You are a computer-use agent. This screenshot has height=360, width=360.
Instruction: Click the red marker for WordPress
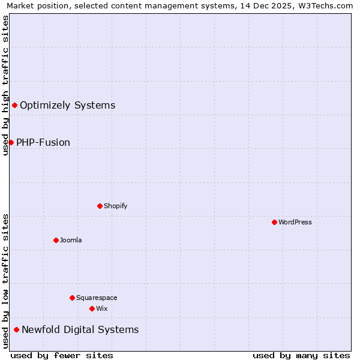click(x=274, y=222)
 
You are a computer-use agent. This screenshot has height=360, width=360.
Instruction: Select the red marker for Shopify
click(x=100, y=206)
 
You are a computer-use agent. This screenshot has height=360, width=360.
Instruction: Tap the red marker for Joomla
click(x=56, y=240)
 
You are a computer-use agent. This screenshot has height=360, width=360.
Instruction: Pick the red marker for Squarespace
click(x=72, y=298)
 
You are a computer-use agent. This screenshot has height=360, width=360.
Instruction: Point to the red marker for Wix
click(x=92, y=308)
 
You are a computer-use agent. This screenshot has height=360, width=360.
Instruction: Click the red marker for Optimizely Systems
click(x=14, y=106)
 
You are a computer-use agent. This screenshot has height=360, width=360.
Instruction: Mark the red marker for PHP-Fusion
click(x=11, y=142)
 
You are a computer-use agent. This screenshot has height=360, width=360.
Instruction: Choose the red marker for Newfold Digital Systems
click(x=16, y=329)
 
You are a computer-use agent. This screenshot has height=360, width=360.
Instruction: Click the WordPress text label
click(x=295, y=222)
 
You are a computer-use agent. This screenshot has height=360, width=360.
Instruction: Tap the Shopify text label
click(x=116, y=206)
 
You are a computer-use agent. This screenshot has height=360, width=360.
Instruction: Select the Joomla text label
click(x=71, y=240)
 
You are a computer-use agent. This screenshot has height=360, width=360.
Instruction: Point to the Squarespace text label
click(x=97, y=298)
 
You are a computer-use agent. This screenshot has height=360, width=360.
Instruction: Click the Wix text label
click(x=102, y=308)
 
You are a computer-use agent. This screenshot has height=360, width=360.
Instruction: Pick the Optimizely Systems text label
click(x=67, y=106)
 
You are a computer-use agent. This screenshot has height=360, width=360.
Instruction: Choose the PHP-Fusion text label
click(x=43, y=142)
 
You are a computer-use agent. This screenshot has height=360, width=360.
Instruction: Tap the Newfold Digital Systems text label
click(x=80, y=329)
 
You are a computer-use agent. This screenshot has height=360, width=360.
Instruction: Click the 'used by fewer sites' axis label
click(x=62, y=355)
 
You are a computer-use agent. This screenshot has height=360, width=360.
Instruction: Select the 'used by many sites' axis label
click(x=301, y=355)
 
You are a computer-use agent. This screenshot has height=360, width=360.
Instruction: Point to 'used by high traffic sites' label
click(x=5, y=85)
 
